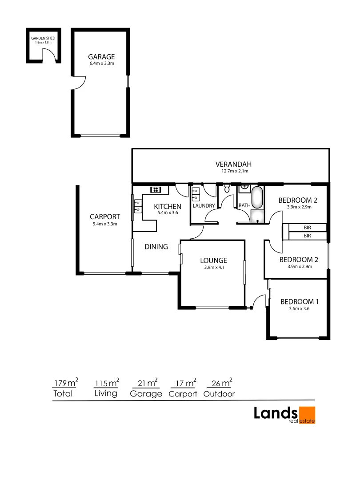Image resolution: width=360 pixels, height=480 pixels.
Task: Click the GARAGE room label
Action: point(101,57)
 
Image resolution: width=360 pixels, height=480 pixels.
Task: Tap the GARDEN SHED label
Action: point(43,38)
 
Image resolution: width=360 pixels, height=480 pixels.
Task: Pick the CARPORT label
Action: point(105,217)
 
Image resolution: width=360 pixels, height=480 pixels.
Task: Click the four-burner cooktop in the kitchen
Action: point(156,190)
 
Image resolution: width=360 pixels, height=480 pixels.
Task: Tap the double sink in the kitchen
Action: point(137,206)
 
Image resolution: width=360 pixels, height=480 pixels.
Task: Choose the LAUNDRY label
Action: point(204,206)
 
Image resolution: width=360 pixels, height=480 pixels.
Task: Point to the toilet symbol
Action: point(227,189)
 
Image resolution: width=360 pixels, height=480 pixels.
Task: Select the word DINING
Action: point(156,247)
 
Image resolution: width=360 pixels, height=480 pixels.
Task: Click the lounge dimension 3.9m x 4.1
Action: point(213,268)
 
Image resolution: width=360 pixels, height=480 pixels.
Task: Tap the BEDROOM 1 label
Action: point(300,301)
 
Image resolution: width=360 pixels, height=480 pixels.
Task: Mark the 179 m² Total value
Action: point(66,382)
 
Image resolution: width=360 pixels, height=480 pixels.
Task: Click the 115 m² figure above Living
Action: point(107,382)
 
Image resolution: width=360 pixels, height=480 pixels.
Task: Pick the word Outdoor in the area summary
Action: point(219,394)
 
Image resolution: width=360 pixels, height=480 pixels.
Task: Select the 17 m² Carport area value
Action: point(183,382)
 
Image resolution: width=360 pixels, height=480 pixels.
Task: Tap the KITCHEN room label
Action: point(168,206)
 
